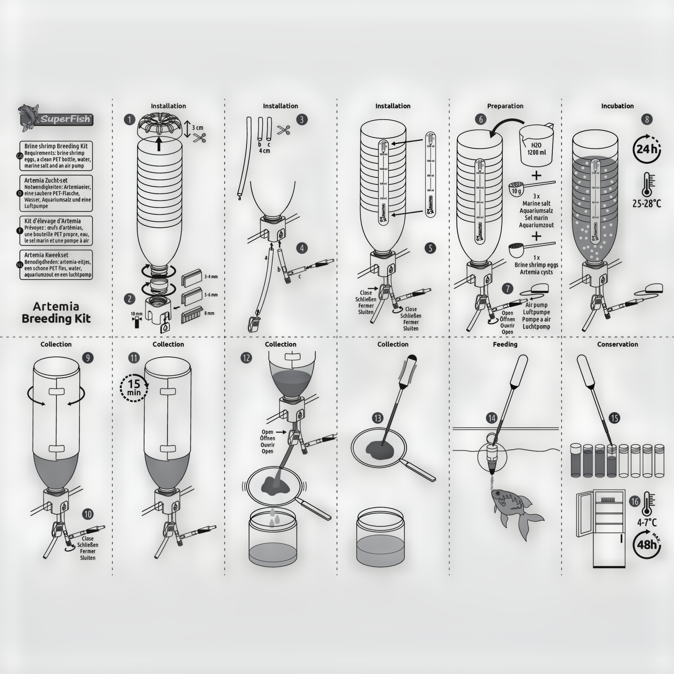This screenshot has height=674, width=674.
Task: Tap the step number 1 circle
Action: (x=129, y=120)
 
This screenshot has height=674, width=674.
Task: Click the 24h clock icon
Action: (x=647, y=149)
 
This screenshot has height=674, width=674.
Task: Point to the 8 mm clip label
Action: (x=209, y=313)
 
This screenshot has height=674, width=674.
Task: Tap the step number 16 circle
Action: (x=634, y=501)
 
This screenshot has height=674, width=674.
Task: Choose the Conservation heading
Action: (x=617, y=344)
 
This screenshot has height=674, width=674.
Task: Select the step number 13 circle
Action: (x=377, y=418)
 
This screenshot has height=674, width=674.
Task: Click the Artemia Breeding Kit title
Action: (x=56, y=312)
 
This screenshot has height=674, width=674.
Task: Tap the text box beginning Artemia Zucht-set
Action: (x=56, y=193)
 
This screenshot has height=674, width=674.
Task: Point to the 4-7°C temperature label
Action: (x=647, y=522)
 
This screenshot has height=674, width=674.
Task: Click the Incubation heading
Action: (x=617, y=106)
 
